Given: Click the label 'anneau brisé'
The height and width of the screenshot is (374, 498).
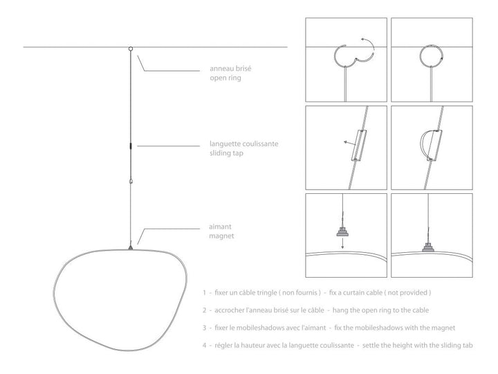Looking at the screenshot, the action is (230, 69).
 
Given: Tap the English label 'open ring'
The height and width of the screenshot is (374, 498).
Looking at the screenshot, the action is (225, 78).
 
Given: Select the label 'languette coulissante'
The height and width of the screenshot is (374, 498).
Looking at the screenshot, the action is (243, 144).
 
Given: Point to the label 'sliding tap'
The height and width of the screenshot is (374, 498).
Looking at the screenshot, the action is (226, 153).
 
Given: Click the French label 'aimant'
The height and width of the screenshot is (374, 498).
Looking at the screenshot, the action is (220, 226).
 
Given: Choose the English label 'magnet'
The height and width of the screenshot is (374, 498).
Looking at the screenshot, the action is (221, 236).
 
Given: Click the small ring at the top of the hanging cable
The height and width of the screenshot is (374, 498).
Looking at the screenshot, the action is (131, 48).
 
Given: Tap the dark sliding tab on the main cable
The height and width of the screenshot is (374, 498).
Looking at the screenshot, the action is (131, 146).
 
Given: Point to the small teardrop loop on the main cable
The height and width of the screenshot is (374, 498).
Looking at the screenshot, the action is (131, 181).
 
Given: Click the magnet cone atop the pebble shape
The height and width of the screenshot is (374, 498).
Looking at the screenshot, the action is (131, 247).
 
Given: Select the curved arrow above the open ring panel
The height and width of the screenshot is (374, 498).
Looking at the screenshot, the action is (368, 44).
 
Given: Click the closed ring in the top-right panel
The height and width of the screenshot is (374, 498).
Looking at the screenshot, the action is (431, 56).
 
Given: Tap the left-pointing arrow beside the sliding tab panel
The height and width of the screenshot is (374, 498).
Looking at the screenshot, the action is (350, 143).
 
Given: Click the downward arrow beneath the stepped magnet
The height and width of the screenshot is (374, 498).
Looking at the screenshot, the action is (342, 243).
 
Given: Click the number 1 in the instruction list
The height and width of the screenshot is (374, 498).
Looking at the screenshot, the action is (205, 292).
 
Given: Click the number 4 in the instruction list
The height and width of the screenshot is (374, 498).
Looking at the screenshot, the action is (205, 346).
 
